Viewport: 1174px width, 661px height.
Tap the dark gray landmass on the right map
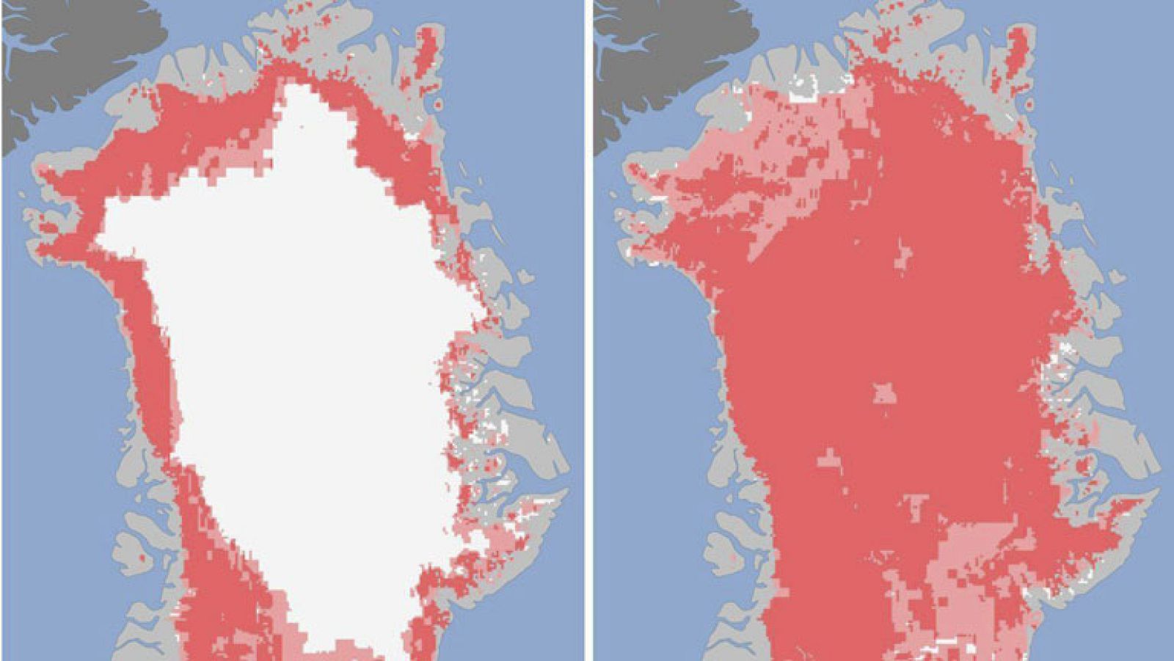click(x=660, y=44)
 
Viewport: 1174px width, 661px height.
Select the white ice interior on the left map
click(x=293, y=330)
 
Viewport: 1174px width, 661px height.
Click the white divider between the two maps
click(x=588, y=330)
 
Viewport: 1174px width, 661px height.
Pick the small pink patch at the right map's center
click(x=885, y=393)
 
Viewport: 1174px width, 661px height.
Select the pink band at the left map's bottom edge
click(x=352, y=649)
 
